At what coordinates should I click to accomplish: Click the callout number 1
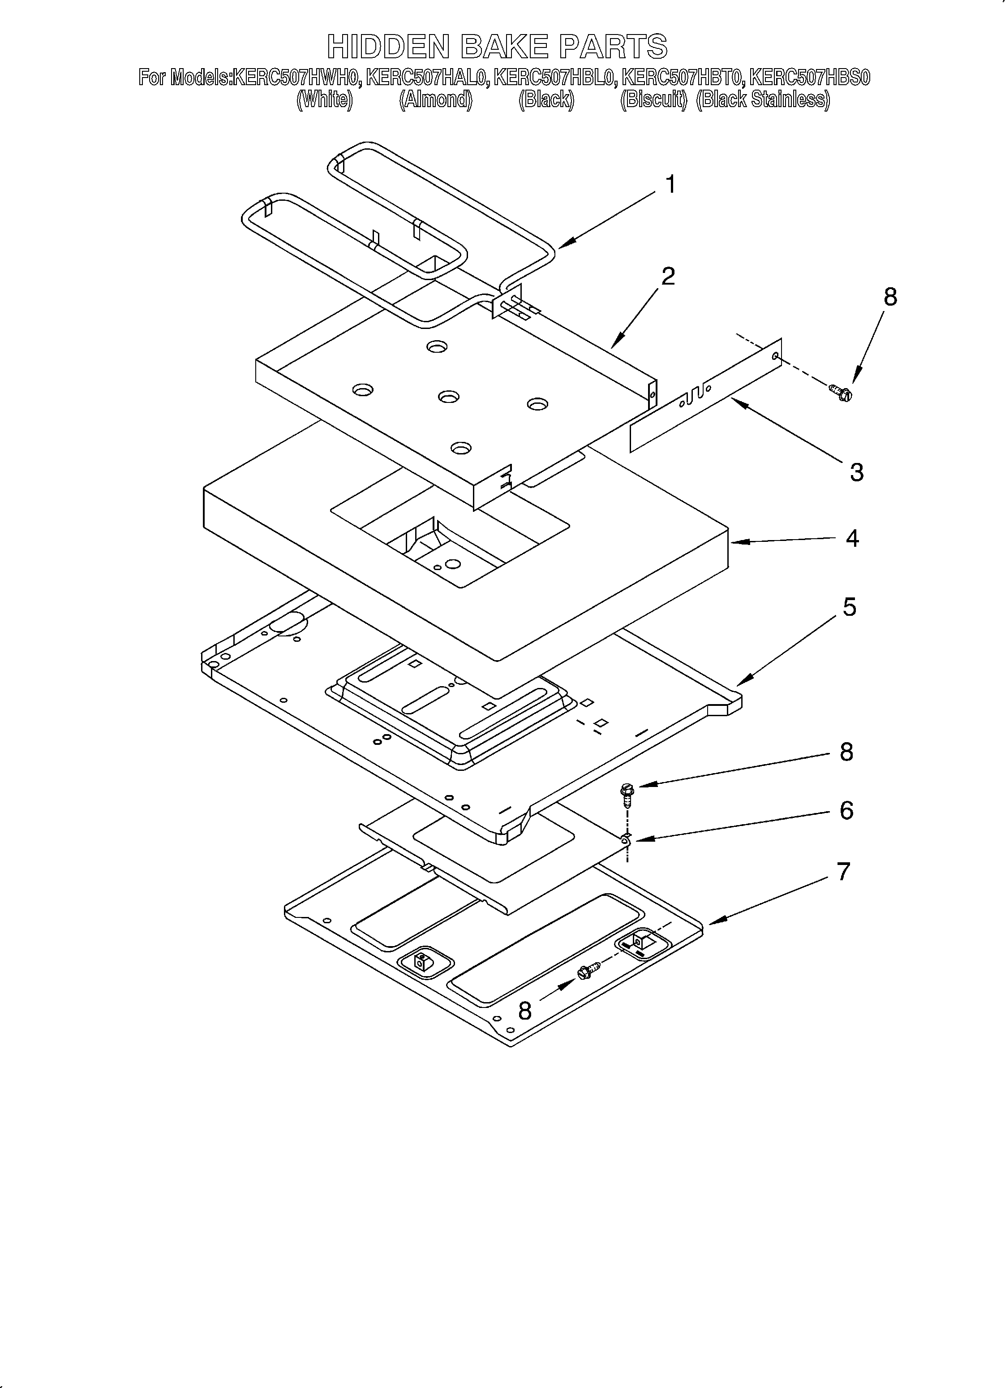[670, 185]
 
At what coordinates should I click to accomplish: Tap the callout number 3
[856, 472]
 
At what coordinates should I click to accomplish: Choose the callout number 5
[850, 607]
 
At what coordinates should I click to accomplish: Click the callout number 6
[846, 810]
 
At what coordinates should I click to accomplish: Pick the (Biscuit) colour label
[654, 99]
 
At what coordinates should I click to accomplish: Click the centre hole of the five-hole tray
[448, 397]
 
